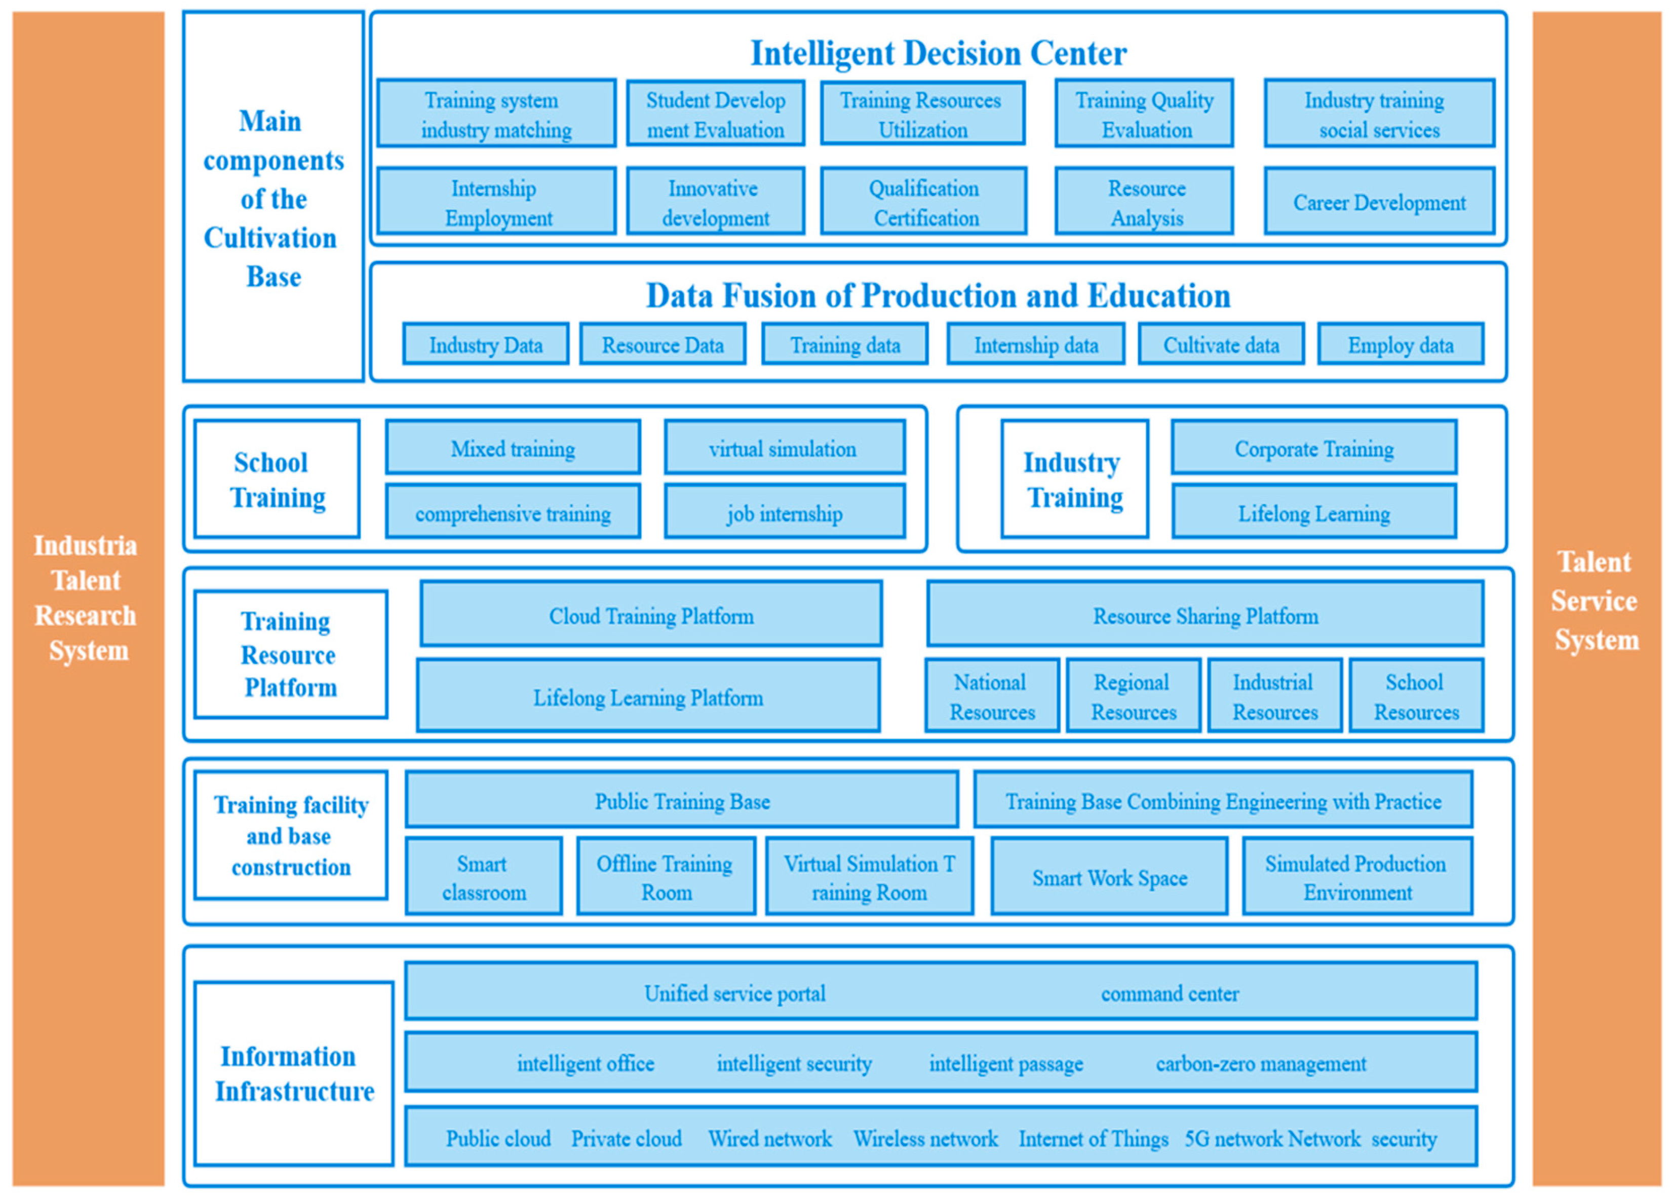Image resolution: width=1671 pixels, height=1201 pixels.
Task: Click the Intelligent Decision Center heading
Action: pos(938,53)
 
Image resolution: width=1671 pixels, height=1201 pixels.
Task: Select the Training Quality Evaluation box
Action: pos(1144,114)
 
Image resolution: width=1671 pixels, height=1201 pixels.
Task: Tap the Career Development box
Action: pos(1379,202)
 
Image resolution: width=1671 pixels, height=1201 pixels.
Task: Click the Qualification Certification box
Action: pos(923,202)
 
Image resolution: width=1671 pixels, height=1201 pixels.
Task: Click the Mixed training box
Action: pos(513,448)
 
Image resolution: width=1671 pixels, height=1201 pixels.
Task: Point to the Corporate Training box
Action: pos(1314,448)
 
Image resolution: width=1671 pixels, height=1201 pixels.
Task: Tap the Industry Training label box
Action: pos(1074,479)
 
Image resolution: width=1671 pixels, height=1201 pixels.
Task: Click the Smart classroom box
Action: pos(483,877)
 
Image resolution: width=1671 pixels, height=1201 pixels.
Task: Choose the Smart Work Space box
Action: pos(1109,877)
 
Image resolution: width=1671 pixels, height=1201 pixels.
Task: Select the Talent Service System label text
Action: pos(1595,601)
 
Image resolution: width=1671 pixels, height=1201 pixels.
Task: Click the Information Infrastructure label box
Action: pos(293,1073)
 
